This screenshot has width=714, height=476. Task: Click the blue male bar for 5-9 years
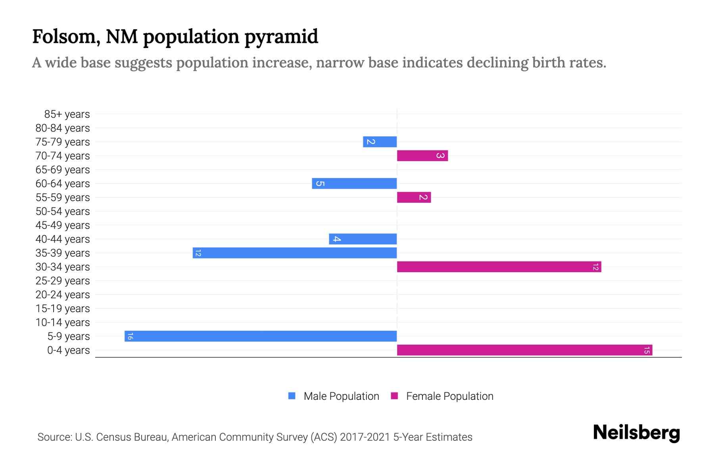261,336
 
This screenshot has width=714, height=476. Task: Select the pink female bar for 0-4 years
524,350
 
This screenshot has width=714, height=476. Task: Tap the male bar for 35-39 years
295,253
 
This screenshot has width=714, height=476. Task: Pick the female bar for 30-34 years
499,267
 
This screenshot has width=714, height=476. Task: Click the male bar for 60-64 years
354,183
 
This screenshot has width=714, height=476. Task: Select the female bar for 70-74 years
422,155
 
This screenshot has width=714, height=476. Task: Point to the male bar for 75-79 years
380,142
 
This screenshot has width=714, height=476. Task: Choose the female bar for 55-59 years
414,197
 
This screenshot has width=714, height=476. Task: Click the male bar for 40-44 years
363,239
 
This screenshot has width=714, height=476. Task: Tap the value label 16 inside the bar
130,336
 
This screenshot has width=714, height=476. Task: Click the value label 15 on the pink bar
647,350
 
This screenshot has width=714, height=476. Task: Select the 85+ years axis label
67,114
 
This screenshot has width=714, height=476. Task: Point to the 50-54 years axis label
63,211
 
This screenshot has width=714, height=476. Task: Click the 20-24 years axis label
63,295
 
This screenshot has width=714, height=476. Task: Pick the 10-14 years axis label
63,322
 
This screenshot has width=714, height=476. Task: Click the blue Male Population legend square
292,396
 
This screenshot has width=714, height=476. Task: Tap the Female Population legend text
449,396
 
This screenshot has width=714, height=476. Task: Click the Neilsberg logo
636,433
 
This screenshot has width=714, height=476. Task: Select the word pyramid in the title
281,37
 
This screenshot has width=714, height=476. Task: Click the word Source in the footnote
54,437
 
